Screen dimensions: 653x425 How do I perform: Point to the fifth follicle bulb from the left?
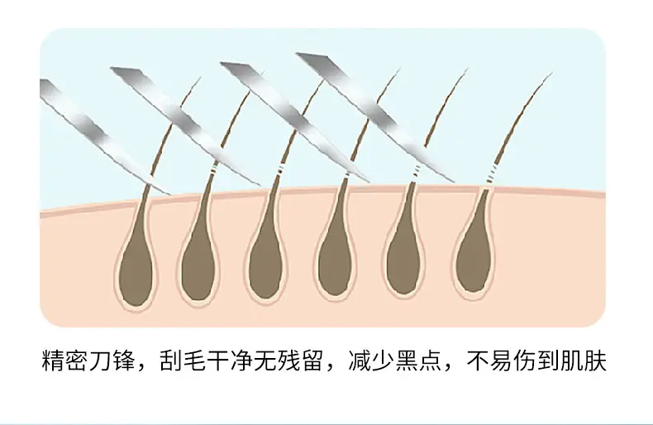tap(404, 261)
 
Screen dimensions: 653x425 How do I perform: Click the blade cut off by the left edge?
tap(104, 136)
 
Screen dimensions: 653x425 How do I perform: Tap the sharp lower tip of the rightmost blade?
tap(453, 182)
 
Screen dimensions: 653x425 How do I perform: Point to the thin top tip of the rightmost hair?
tap(552, 73)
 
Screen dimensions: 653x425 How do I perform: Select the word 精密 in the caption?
tap(65, 361)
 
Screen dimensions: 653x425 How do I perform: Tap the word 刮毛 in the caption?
tap(184, 361)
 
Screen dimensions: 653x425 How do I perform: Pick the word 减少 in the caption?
tap(372, 361)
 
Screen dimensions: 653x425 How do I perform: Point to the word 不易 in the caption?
tap(489, 361)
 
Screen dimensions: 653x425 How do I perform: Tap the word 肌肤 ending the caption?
tap(584, 361)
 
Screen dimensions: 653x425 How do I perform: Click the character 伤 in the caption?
tap(525, 361)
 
